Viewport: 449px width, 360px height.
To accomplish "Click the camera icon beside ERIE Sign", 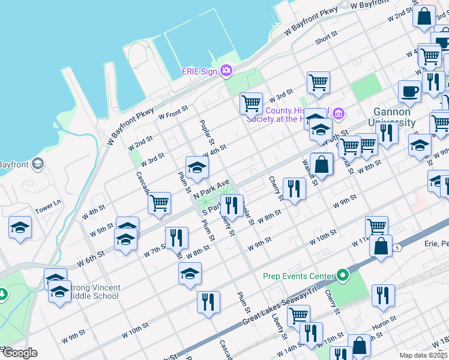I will click(x=226, y=71).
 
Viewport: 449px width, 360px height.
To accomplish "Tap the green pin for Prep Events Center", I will click(x=342, y=276).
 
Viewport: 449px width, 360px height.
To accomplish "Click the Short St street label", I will click(x=326, y=38).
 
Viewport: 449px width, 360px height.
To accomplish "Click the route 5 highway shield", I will click(x=397, y=247).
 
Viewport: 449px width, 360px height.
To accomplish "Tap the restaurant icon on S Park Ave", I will click(x=231, y=206).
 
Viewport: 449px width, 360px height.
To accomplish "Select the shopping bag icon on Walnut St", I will click(x=322, y=164).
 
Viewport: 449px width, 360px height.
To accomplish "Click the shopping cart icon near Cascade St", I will click(x=159, y=204).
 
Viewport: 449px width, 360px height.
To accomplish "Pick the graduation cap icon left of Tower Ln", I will click(x=20, y=228).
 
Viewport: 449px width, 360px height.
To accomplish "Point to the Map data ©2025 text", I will click(x=423, y=355).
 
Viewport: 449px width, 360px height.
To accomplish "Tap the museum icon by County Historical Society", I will click(x=338, y=113).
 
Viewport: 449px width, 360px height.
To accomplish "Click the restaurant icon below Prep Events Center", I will click(x=382, y=295).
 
